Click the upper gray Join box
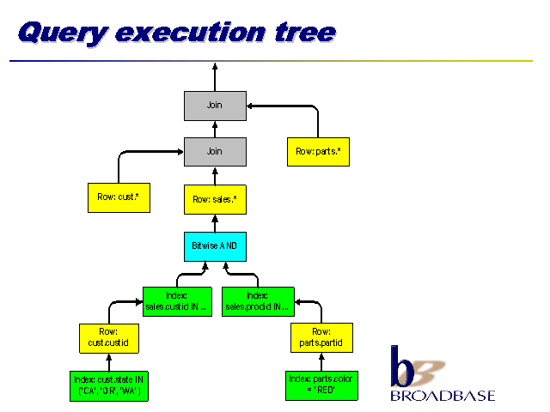tap(215, 106)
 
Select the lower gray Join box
tap(215, 151)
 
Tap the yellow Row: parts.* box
tap(318, 152)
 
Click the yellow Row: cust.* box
tap(119, 197)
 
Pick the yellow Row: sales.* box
tap(215, 199)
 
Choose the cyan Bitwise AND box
tap(215, 245)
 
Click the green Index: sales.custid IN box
tap(176, 300)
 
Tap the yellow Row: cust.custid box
tap(108, 337)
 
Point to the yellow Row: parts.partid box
tap(321, 337)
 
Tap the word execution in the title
tap(189, 33)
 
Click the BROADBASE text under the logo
tap(443, 396)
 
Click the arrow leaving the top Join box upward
tap(215, 76)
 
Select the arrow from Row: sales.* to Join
tap(215, 175)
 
